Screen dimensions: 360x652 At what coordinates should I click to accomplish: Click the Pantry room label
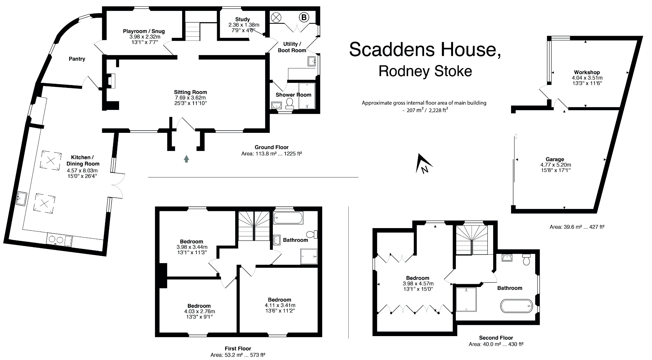(77, 59)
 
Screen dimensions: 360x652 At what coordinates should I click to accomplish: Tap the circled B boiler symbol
(304, 17)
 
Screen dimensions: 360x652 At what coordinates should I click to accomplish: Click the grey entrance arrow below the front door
(186, 159)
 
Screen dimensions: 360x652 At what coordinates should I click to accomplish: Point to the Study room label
(243, 19)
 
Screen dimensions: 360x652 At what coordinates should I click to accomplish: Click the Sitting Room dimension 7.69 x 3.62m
(190, 98)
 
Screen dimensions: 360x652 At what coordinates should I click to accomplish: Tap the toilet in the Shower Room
(290, 103)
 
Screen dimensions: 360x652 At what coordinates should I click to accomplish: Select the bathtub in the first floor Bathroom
(288, 218)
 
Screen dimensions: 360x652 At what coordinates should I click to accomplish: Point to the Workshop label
(587, 72)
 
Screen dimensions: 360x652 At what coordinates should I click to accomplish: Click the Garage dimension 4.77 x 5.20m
(556, 165)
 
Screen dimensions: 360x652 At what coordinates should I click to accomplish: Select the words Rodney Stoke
(425, 71)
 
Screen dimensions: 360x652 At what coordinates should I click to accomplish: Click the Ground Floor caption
(271, 147)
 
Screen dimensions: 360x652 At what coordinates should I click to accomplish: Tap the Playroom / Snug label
(144, 31)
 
